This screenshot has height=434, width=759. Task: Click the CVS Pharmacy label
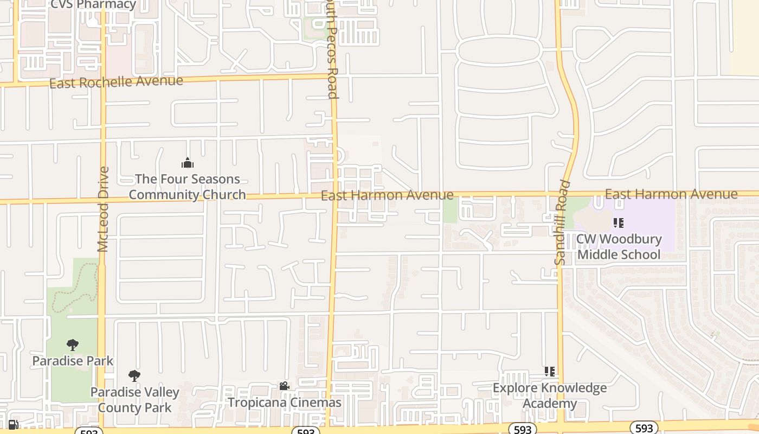click(93, 5)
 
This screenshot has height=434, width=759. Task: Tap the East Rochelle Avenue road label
click(116, 82)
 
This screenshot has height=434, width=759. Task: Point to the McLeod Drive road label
click(104, 209)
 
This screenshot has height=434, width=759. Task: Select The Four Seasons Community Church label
click(187, 187)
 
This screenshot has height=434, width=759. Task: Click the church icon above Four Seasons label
click(187, 163)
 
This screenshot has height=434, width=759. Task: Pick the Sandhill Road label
click(562, 222)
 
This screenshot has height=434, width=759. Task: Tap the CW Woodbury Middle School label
click(619, 247)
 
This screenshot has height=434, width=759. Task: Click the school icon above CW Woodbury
click(619, 222)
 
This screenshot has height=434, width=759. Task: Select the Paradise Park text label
click(73, 361)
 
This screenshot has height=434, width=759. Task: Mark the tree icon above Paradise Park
click(73, 345)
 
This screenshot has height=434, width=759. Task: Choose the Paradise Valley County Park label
click(134, 400)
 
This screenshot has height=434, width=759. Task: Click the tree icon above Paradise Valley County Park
click(134, 375)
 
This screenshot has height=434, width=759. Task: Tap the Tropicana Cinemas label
click(284, 403)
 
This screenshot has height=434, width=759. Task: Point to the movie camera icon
click(284, 386)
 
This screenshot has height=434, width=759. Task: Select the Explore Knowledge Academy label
click(550, 395)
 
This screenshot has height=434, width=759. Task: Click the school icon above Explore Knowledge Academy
click(550, 372)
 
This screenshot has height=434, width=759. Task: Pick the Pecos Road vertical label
click(332, 49)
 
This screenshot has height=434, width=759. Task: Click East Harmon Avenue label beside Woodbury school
click(671, 194)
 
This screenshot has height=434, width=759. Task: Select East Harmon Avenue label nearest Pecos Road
click(387, 195)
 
